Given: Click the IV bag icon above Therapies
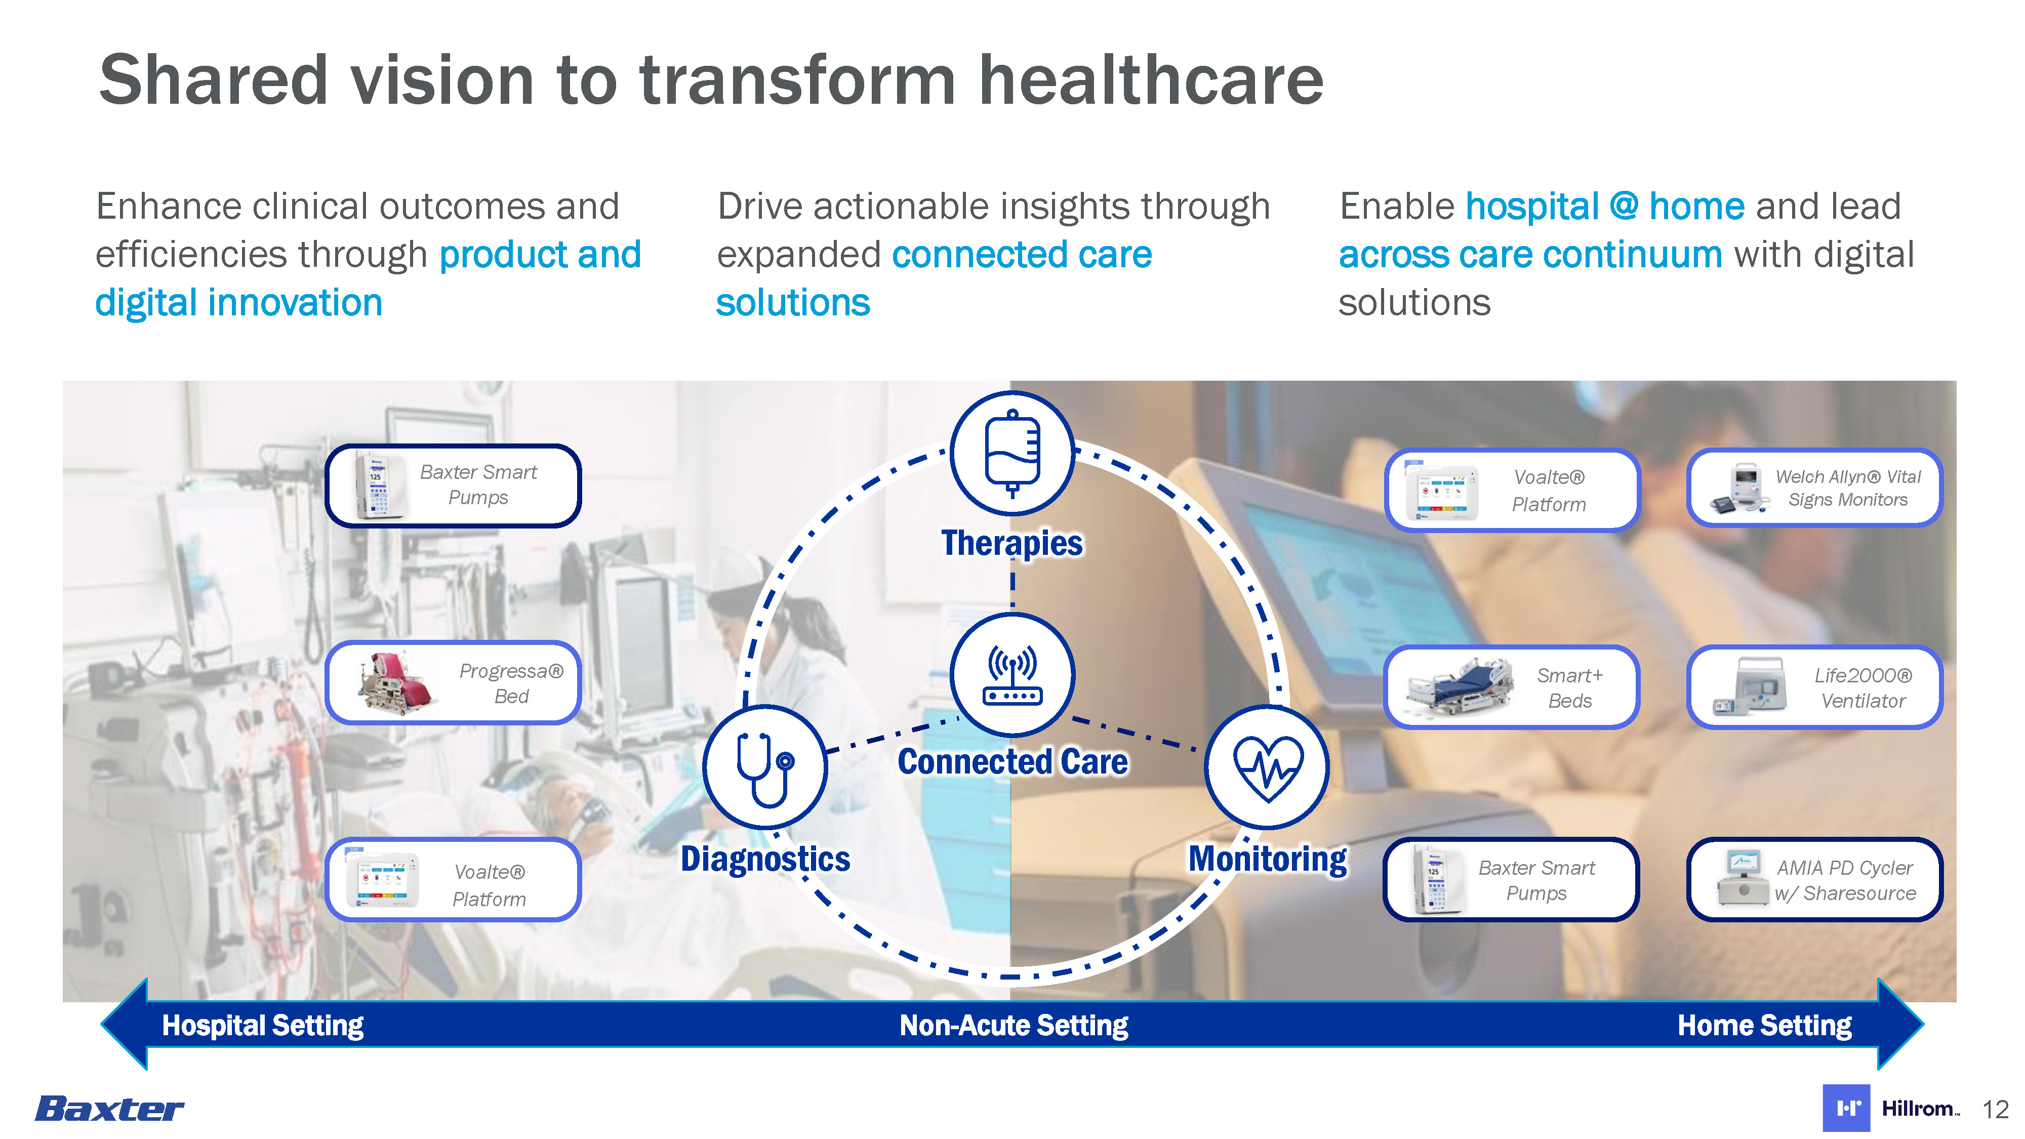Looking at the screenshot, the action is tap(1012, 454).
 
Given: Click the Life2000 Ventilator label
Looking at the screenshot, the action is tap(1863, 688).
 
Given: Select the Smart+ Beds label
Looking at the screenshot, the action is tap(1570, 688).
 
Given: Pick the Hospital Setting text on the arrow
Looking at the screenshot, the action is tap(263, 1025).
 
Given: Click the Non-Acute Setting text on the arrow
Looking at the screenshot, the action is tap(1014, 1025).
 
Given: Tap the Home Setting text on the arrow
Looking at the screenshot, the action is tap(1764, 1025).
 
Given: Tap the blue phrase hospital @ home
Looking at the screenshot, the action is tap(1604, 207).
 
